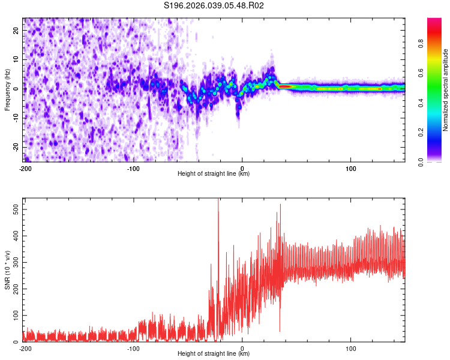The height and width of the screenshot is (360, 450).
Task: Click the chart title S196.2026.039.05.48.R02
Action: [x=214, y=5]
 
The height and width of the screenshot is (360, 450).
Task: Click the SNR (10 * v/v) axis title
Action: [x=7, y=270]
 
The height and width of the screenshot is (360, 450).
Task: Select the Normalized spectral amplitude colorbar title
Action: [x=446, y=90]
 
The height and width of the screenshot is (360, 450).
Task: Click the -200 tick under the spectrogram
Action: [x=25, y=168]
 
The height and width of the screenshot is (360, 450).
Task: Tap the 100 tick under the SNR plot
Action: [x=350, y=348]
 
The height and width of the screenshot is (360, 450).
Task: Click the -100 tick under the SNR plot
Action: [x=133, y=348]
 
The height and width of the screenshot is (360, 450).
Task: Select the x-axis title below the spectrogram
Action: [x=214, y=174]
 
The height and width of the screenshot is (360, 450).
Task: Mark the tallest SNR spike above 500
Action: [x=218, y=202]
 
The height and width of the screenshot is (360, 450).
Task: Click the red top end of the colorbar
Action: [x=434, y=20]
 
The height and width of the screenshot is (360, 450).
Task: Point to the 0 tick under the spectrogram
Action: [x=242, y=168]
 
